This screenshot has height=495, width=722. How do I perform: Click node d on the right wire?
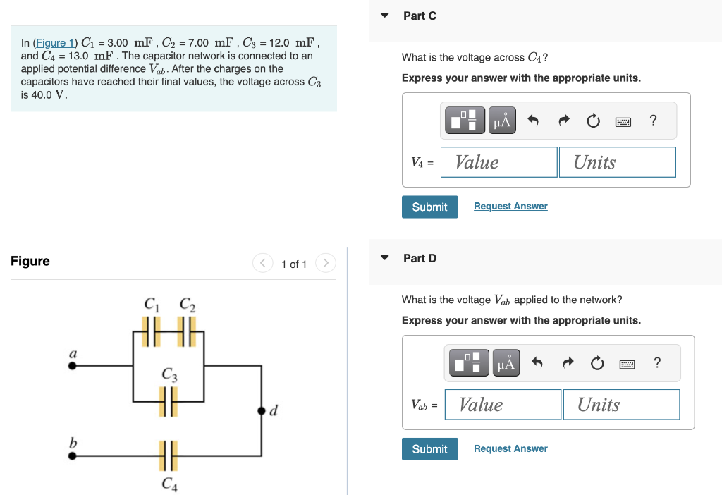(262, 410)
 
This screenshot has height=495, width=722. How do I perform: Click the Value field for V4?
(498, 162)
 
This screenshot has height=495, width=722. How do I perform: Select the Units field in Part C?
(616, 162)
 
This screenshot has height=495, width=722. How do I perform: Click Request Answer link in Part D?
(510, 448)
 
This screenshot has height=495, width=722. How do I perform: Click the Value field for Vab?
(503, 405)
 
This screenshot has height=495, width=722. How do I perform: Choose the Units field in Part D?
(620, 405)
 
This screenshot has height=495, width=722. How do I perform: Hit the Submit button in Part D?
(429, 449)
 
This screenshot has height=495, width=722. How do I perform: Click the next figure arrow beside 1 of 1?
(325, 264)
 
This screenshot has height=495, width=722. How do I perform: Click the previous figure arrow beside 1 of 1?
(262, 264)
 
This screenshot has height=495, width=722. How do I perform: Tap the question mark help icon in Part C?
(653, 121)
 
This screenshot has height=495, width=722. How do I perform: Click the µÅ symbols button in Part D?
(506, 363)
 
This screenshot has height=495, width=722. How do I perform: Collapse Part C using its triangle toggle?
(384, 16)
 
